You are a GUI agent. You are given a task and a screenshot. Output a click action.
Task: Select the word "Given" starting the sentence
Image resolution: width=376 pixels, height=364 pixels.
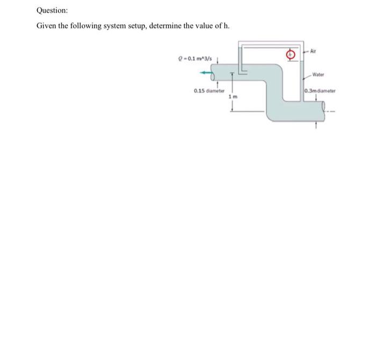click(x=46, y=26)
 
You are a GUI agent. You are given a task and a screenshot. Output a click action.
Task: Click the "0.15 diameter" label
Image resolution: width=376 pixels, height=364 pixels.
click(x=207, y=90)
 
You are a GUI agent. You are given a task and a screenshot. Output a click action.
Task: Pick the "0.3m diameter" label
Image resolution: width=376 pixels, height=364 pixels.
click(x=320, y=90)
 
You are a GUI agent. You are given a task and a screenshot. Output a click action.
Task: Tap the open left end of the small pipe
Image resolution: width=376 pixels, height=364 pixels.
click(x=213, y=74)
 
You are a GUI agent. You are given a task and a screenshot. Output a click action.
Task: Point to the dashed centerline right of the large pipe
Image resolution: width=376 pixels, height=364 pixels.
click(x=332, y=111)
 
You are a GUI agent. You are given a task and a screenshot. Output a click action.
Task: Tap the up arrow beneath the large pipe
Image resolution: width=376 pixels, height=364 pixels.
click(x=316, y=127)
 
